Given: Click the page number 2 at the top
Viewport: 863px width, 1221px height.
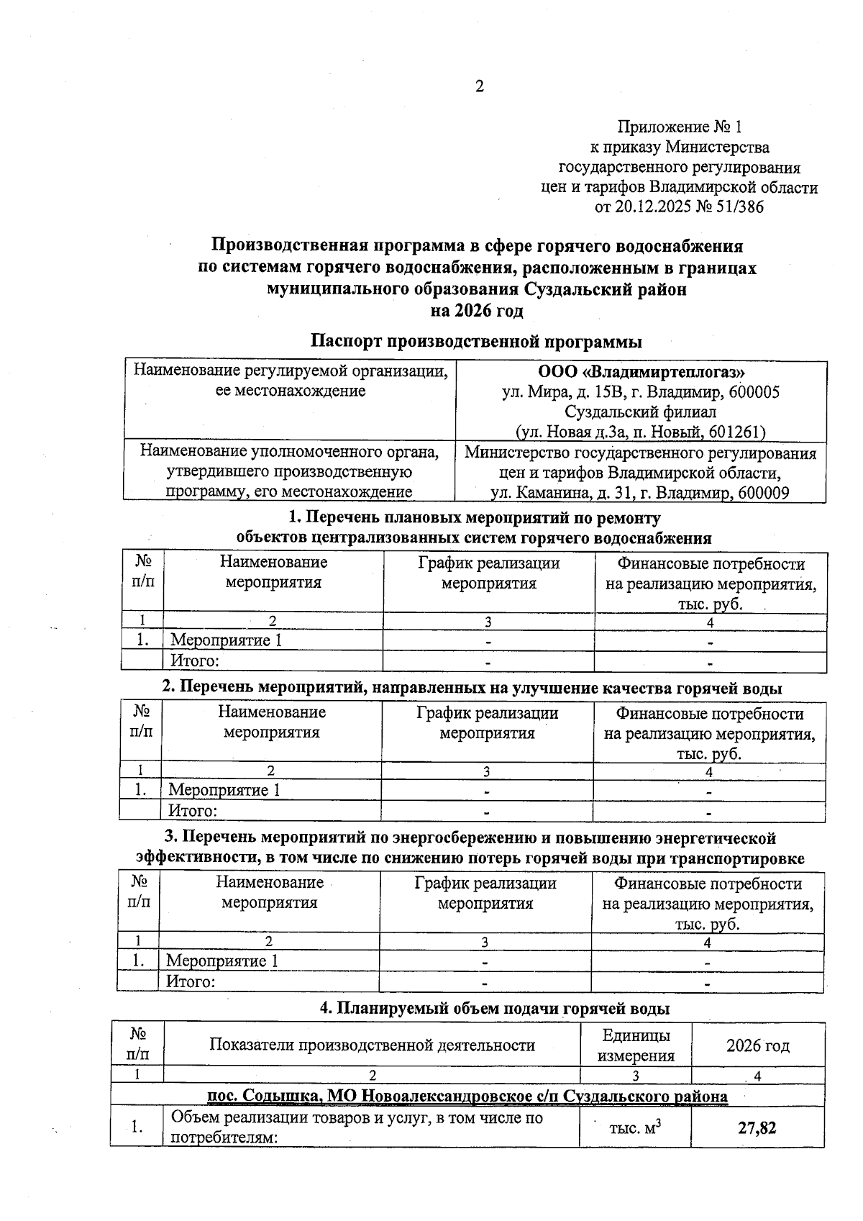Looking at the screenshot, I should pyautogui.click(x=479, y=87).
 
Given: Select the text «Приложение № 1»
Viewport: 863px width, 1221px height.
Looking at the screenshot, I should pyautogui.click(x=679, y=127).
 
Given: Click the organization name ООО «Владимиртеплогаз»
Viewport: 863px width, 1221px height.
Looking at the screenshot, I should pyautogui.click(x=641, y=372).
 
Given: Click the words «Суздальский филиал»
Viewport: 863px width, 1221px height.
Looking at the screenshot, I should pyautogui.click(x=640, y=412).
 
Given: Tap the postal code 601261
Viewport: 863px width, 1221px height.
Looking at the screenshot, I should pyautogui.click(x=736, y=432).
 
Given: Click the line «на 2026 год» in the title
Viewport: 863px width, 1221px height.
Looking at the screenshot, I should pyautogui.click(x=476, y=311).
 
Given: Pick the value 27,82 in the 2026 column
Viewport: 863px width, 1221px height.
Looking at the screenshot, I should pyautogui.click(x=757, y=1127).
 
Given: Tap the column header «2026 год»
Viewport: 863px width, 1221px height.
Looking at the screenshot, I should pyautogui.click(x=757, y=1045).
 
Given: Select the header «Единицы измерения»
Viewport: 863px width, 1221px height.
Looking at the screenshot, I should pyautogui.click(x=636, y=1045).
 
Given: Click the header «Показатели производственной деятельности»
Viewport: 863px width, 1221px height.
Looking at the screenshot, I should pyautogui.click(x=372, y=1045).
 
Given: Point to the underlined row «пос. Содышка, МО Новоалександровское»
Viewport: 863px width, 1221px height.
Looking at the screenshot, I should pyautogui.click(x=467, y=1096).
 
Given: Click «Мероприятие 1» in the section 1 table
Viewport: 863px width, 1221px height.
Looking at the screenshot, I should pyautogui.click(x=225, y=640).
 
